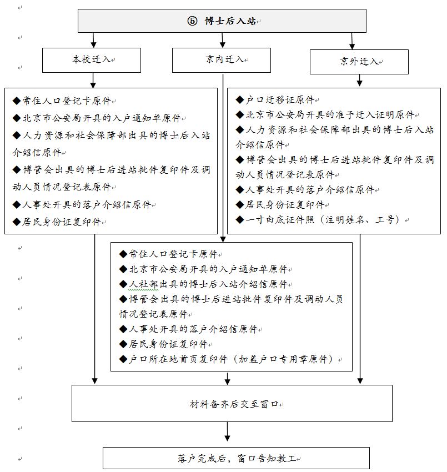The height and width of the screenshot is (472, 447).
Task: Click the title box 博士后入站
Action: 222,21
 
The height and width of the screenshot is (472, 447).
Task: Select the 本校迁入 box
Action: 92,59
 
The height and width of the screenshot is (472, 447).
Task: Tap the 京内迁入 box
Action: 222,59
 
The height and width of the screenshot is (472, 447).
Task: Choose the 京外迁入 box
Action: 359,62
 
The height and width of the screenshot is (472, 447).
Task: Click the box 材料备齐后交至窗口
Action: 232,404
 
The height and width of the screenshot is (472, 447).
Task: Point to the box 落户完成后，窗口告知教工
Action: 232,459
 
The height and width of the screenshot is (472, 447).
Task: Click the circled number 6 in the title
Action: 192,21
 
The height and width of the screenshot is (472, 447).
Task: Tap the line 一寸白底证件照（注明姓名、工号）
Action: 322,220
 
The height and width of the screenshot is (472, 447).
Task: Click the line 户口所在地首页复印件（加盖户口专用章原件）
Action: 230,359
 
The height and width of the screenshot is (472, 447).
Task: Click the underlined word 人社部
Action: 139,284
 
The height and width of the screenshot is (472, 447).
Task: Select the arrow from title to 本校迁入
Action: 93,41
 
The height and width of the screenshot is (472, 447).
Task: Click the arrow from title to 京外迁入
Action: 352,42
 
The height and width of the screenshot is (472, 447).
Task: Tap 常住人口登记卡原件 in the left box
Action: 64,101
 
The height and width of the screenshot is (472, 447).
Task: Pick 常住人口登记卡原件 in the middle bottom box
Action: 170,254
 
